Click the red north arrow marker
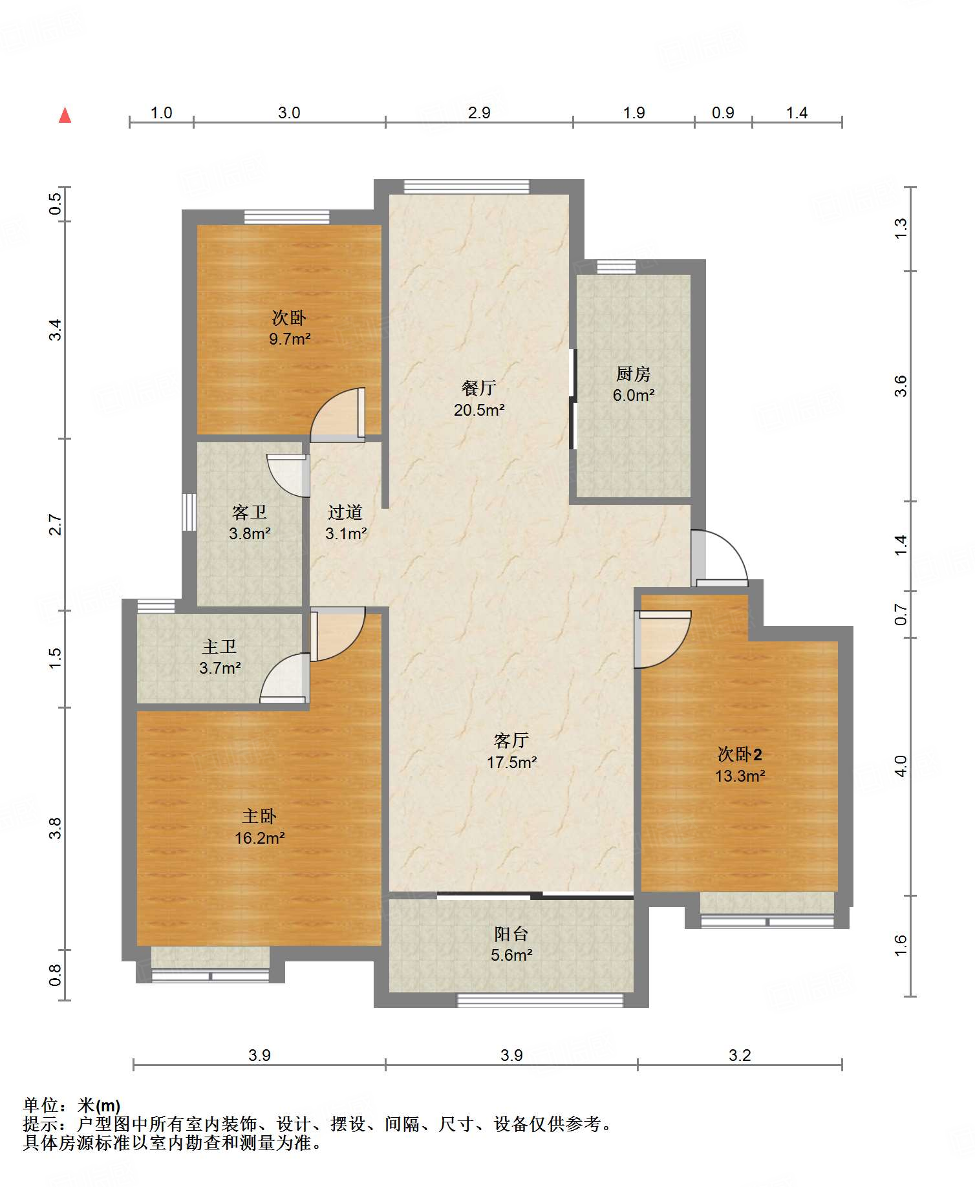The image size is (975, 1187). (x=65, y=115)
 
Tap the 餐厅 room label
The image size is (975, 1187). (x=479, y=388)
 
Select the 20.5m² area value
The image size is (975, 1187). (x=479, y=410)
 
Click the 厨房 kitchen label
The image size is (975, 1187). (x=633, y=374)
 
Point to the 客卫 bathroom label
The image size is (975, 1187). (x=250, y=513)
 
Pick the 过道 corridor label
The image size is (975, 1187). (x=345, y=512)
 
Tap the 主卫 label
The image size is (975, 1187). (x=220, y=647)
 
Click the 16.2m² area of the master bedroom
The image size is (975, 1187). (x=260, y=839)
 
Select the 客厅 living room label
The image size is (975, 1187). (x=511, y=740)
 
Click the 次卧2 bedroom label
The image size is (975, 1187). (x=740, y=754)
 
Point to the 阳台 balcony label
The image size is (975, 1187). (x=511, y=934)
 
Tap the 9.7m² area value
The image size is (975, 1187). (x=290, y=339)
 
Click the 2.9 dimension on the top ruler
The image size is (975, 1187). (x=479, y=112)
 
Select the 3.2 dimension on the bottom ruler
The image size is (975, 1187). (x=740, y=1056)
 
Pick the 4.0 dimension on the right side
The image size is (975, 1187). (x=901, y=766)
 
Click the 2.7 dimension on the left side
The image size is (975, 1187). (x=56, y=524)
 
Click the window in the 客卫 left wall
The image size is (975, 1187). (x=189, y=513)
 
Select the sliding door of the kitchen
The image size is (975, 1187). (x=572, y=399)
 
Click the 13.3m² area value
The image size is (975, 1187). (x=740, y=776)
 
